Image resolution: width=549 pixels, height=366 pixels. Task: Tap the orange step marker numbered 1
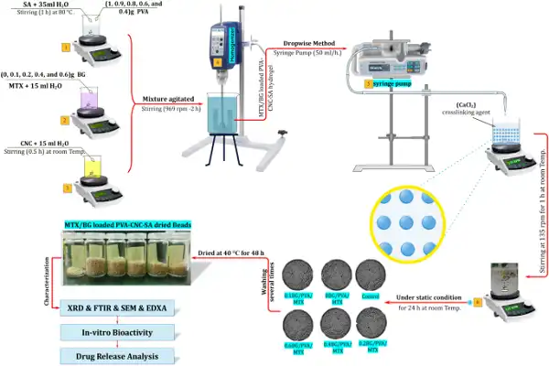(x=65, y=45)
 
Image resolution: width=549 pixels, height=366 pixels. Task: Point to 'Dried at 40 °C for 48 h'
(x=224, y=252)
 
